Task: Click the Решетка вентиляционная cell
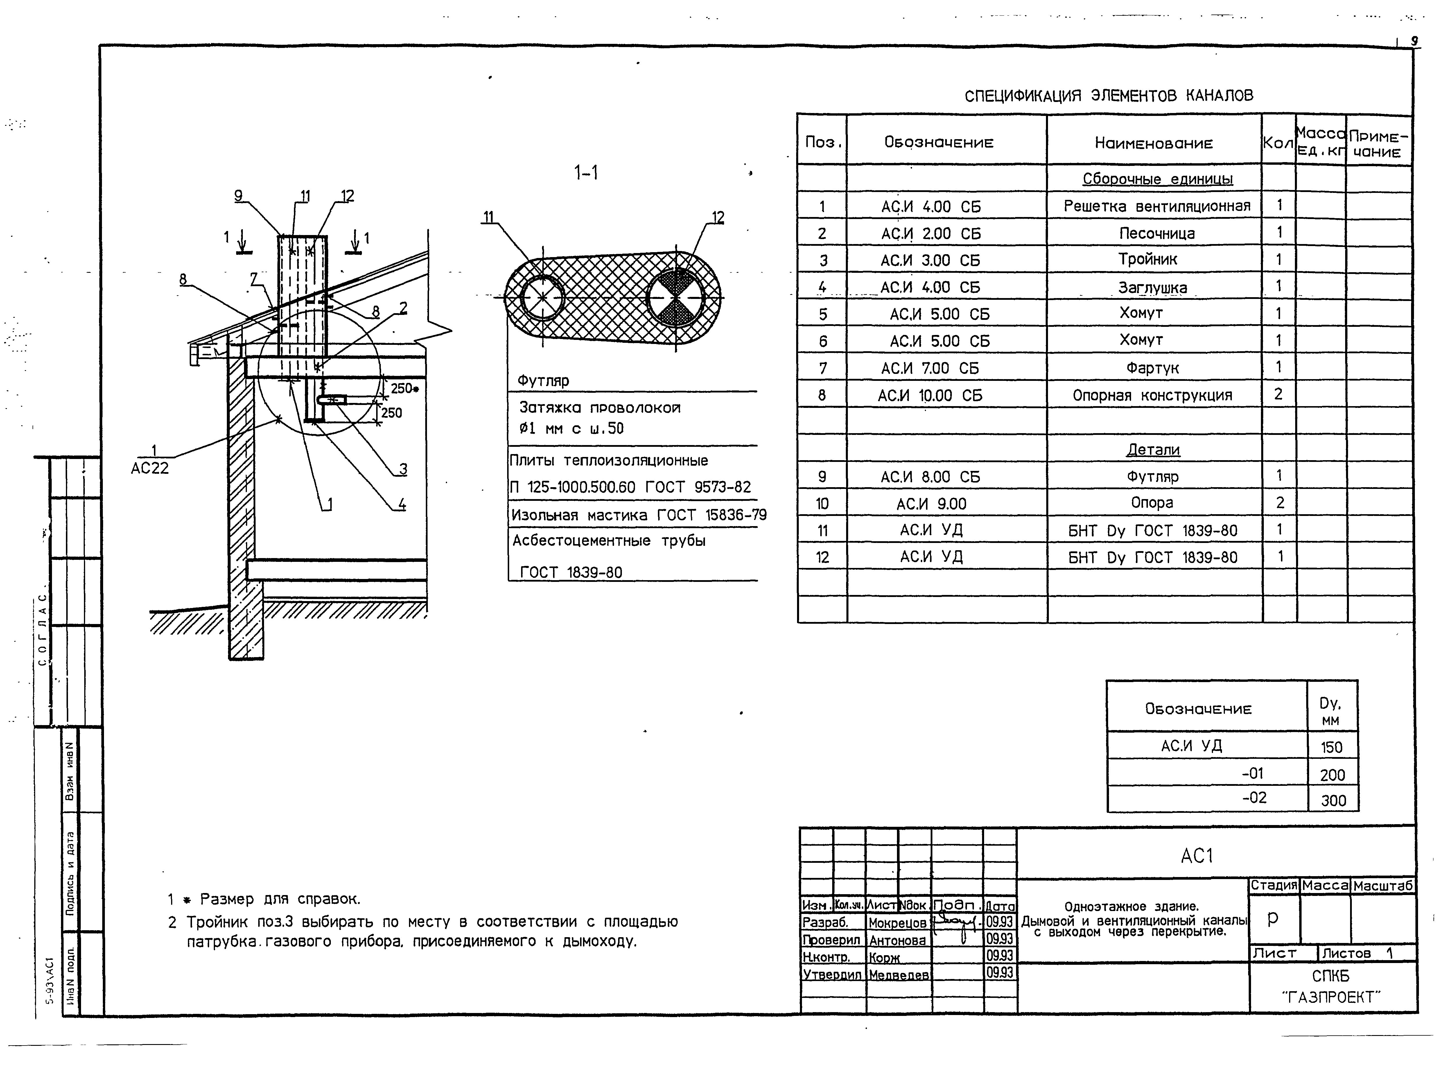click(x=1156, y=206)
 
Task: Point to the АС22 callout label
click(x=150, y=468)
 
